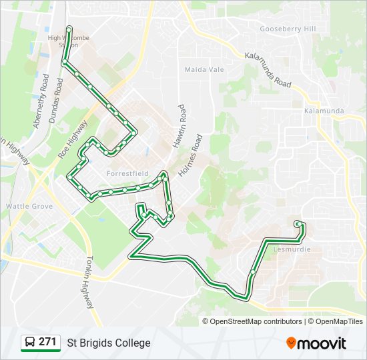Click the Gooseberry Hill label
pyautogui.click(x=288, y=29)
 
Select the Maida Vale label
pyautogui.click(x=204, y=69)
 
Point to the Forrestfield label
pyautogui.click(x=127, y=173)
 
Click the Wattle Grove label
pyautogui.click(x=29, y=207)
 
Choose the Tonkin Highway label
pyautogui.click(x=89, y=283)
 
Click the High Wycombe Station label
pyautogui.click(x=67, y=41)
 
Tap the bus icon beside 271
pyautogui.click(x=30, y=343)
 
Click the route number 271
pyautogui.click(x=48, y=342)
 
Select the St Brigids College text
pyautogui.click(x=109, y=343)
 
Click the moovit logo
pyautogui.click(x=316, y=343)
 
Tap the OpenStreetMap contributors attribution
pyautogui.click(x=256, y=321)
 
